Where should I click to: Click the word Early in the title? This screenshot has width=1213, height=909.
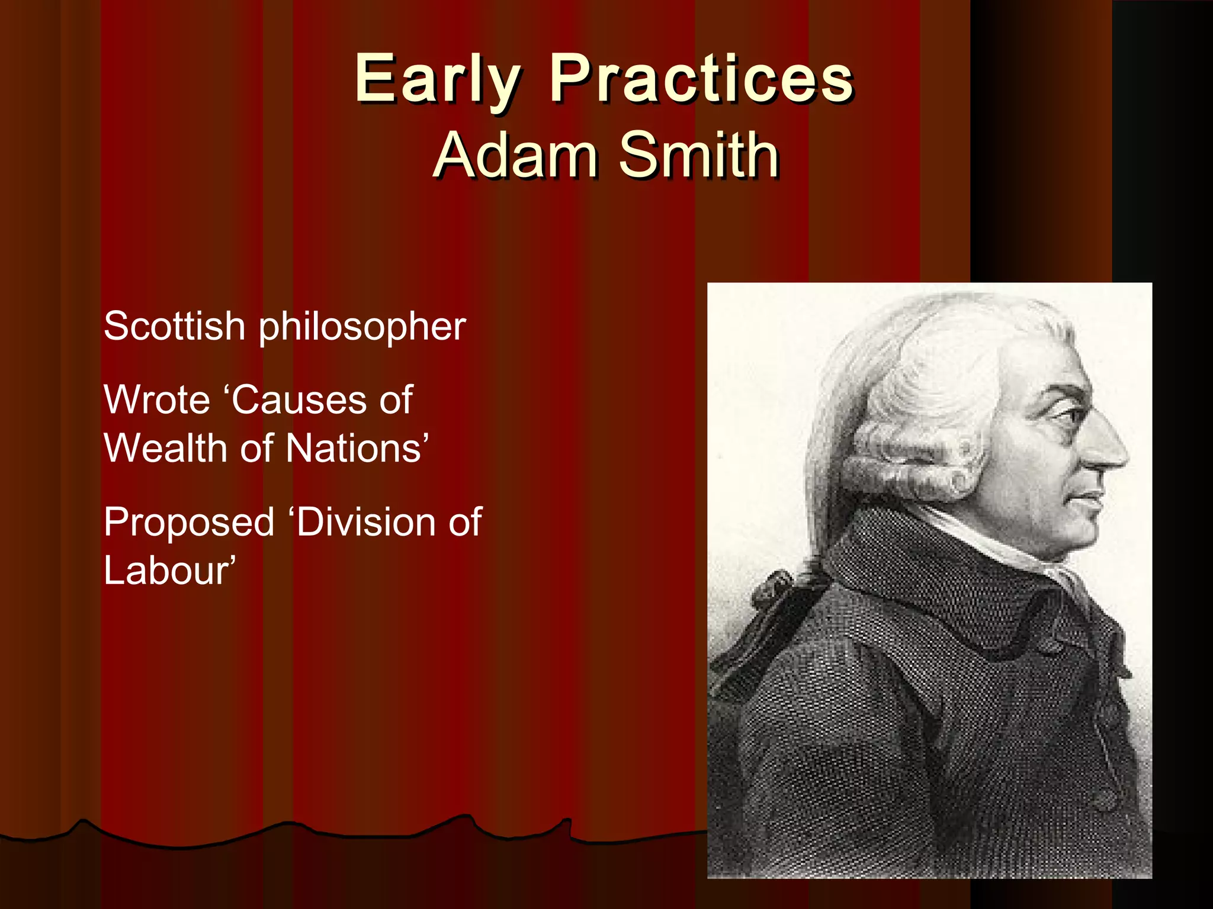[437, 80]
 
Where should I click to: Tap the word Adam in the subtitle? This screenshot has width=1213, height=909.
[515, 155]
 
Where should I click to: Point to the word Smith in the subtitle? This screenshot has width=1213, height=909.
[699, 155]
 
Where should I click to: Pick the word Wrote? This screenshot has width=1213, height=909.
[157, 400]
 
